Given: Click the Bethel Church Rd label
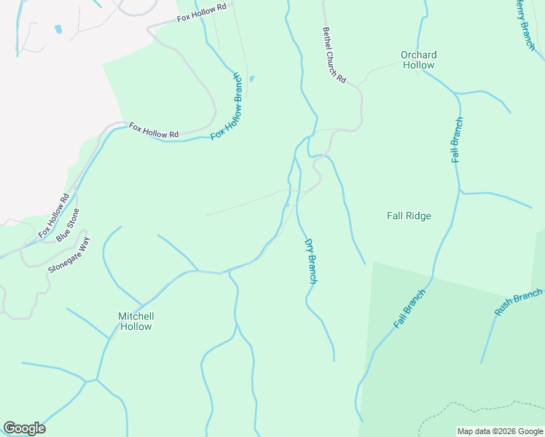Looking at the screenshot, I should pyautogui.click(x=334, y=55).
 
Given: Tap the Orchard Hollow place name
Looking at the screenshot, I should pyautogui.click(x=418, y=60).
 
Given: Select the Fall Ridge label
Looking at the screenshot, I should pyautogui.click(x=409, y=216).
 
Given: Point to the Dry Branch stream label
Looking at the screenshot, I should pyautogui.click(x=310, y=261).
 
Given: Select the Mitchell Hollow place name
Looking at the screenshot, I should pyautogui.click(x=136, y=321).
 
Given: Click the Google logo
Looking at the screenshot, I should pyautogui.click(x=24, y=428).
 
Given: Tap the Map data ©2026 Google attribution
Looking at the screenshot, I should pyautogui.click(x=499, y=431).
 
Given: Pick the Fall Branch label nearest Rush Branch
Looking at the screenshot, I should pyautogui.click(x=409, y=309).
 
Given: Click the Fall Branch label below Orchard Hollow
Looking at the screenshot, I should pyautogui.click(x=457, y=140).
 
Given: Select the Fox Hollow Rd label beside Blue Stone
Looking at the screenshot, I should pyautogui.click(x=54, y=216).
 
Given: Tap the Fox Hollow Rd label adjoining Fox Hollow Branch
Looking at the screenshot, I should pyautogui.click(x=154, y=130).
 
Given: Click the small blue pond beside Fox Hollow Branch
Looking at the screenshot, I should pyautogui.click(x=252, y=79).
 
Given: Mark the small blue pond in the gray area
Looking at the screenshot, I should pyautogui.click(x=58, y=29).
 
